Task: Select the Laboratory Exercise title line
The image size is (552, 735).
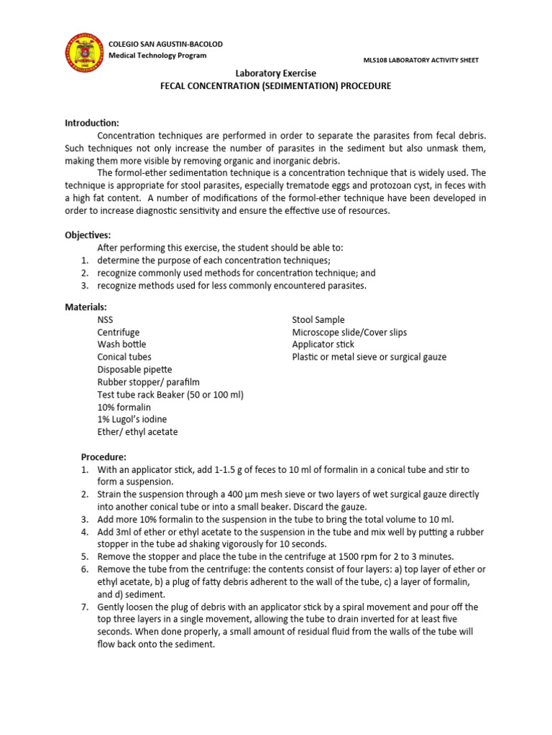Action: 276,73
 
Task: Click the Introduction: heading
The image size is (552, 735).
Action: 92,123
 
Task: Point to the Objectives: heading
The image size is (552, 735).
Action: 88,235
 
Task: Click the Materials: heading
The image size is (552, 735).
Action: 86,307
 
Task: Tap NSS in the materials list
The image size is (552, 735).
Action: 105,320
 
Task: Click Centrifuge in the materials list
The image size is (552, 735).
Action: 119,332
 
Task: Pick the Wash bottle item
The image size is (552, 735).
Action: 121,345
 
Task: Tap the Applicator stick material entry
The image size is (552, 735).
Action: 323,345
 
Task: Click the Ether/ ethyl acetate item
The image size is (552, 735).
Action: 137,431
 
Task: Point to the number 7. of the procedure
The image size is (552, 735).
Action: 84,607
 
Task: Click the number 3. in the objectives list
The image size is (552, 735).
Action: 84,286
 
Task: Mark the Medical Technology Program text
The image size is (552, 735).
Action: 157,56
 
